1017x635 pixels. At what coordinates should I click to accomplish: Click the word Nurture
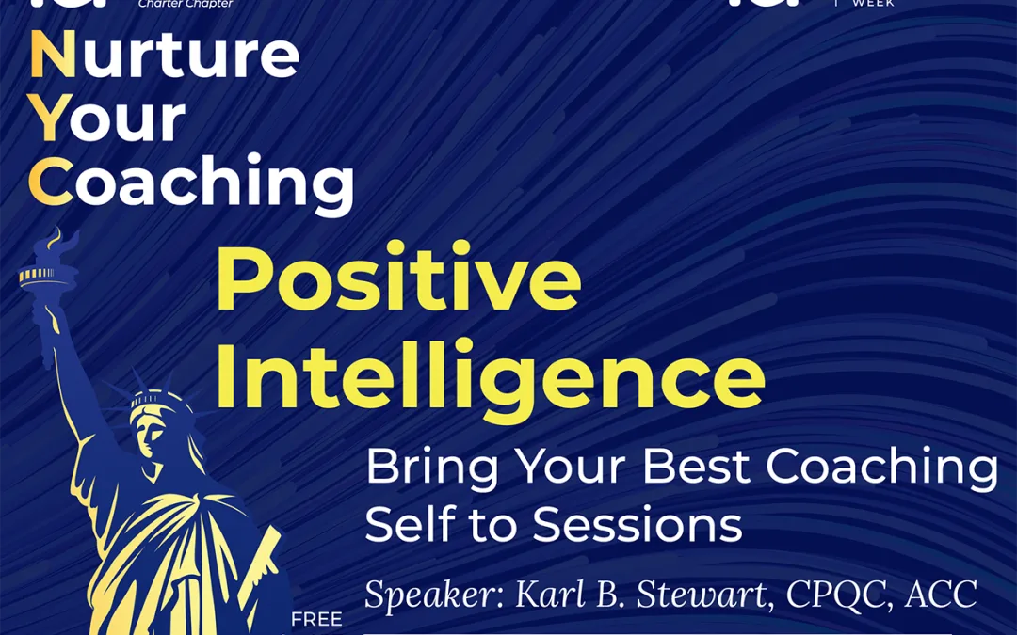pyautogui.click(x=165, y=56)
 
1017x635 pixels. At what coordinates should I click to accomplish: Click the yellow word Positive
pyautogui.click(x=398, y=281)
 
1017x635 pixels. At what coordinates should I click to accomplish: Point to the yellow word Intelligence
pyautogui.click(x=490, y=377)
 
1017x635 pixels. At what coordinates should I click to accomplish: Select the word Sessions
pyautogui.click(x=638, y=524)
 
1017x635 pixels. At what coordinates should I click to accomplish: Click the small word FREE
pyautogui.click(x=316, y=620)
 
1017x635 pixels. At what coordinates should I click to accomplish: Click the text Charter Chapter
pyautogui.click(x=186, y=4)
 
